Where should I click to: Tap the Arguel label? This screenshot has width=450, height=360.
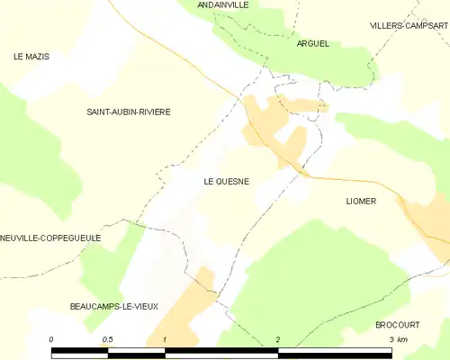(312, 42)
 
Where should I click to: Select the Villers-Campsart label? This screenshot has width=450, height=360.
(409, 25)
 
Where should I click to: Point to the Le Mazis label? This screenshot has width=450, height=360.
(31, 57)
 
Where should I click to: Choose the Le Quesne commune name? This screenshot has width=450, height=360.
(226, 181)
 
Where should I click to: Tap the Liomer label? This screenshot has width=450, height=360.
(360, 202)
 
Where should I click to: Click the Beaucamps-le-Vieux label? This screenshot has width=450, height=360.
(113, 307)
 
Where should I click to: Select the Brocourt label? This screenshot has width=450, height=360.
(398, 323)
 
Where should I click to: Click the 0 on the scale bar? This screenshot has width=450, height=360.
(52, 339)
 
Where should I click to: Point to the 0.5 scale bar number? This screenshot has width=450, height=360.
(108, 339)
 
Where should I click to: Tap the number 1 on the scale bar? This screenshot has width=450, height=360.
(166, 339)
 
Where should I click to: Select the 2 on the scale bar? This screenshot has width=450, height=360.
(278, 339)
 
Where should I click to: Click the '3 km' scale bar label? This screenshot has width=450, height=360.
(397, 339)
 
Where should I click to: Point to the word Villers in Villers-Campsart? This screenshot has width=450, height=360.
(388, 25)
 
